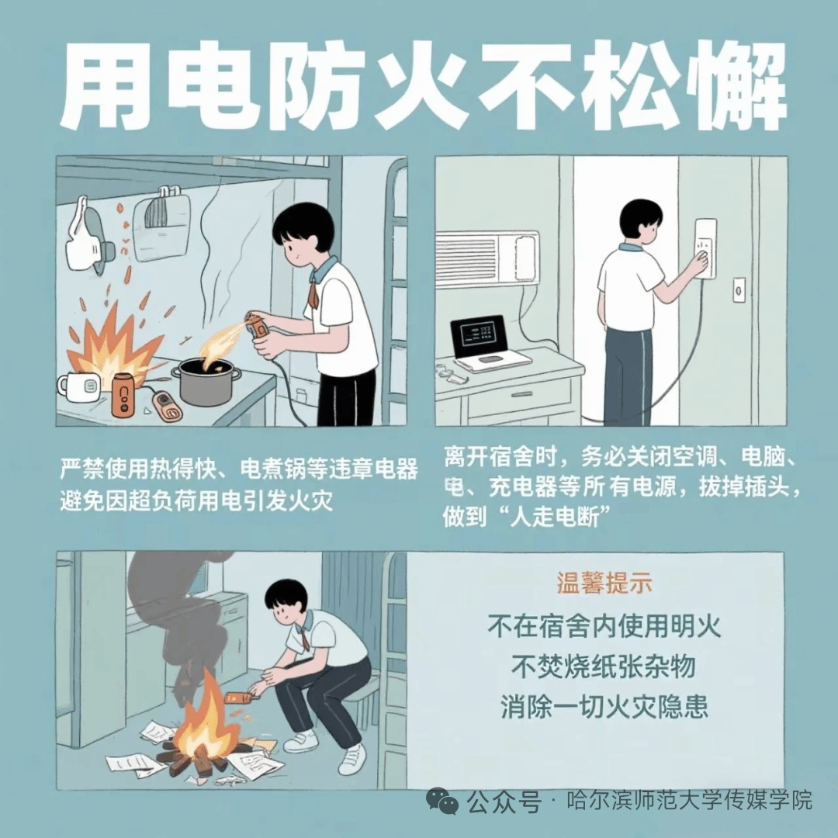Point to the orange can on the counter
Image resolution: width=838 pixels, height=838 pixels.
point(123,394)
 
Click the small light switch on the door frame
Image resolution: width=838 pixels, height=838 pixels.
point(739,290)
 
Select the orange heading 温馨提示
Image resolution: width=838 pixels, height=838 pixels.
point(604,583)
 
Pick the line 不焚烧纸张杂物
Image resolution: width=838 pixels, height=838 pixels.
point(604,667)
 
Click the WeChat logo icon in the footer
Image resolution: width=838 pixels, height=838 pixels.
point(442,801)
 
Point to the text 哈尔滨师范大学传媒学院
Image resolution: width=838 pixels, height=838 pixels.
point(690,801)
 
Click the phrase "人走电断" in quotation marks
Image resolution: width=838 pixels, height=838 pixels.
point(555,518)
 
